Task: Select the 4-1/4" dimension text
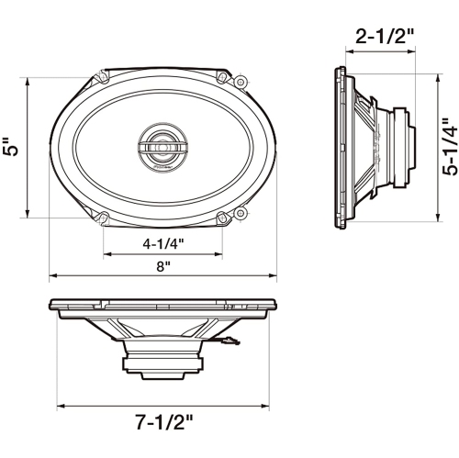(163, 245)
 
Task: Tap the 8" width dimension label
(162, 266)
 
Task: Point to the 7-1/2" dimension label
(163, 423)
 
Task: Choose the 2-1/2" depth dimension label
(384, 38)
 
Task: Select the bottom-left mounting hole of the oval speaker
(103, 218)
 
